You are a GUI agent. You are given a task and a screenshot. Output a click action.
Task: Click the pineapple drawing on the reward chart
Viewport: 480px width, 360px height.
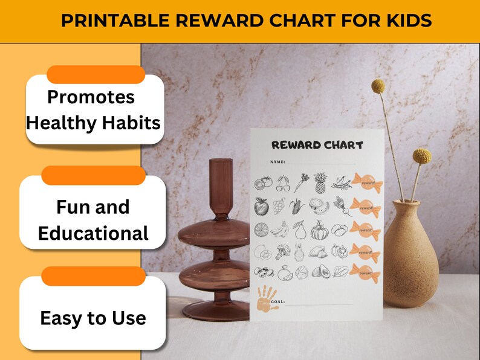[x=320, y=184]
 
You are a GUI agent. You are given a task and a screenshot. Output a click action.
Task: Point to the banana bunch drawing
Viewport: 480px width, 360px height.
[x=279, y=230]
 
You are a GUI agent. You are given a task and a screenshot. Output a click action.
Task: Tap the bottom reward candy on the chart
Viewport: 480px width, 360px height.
[x=365, y=272]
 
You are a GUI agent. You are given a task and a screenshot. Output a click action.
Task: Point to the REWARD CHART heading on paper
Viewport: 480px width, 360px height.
[x=317, y=145]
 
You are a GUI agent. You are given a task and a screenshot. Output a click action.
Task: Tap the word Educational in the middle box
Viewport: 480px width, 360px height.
[x=93, y=233]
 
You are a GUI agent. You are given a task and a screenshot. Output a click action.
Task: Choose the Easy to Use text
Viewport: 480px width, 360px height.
[x=93, y=318]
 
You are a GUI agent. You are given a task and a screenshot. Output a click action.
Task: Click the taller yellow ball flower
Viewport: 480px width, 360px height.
[x=378, y=86]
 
